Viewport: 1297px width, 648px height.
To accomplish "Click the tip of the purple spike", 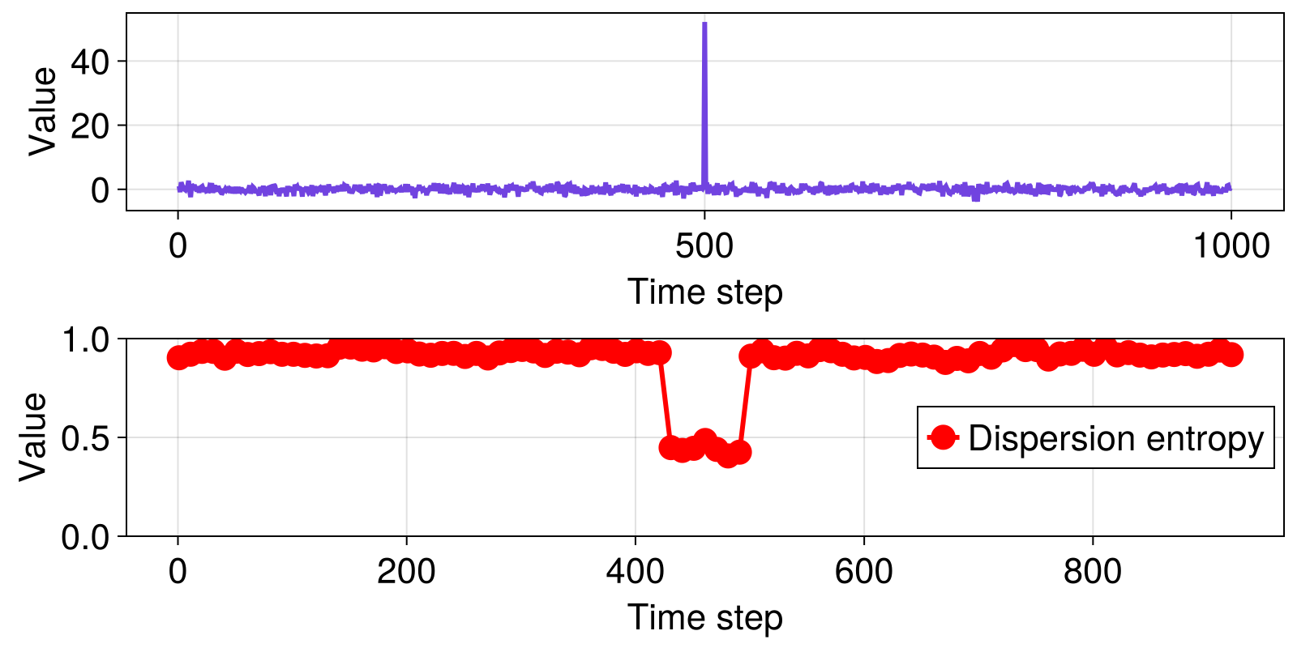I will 704,23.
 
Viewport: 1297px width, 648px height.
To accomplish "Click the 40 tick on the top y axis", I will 89,62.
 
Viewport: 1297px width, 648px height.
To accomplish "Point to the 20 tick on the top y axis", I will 89,126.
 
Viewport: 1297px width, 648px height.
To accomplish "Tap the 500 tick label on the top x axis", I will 704,245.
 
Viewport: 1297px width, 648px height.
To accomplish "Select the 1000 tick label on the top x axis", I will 1230,245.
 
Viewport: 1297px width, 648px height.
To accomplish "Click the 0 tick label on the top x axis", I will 178,245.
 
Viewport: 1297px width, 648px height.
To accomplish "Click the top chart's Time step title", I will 704,292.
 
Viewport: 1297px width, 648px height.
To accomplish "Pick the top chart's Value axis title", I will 42,111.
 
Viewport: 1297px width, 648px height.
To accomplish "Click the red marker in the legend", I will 943,437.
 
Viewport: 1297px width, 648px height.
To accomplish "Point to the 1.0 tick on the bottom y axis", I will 89,339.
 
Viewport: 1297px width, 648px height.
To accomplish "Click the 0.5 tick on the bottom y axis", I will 89,438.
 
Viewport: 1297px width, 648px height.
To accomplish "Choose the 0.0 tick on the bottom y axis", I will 89,537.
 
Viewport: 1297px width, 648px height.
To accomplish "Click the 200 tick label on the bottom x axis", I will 406,572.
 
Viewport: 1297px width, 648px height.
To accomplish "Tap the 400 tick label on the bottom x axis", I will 635,572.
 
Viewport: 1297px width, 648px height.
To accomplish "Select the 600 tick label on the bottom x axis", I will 863,572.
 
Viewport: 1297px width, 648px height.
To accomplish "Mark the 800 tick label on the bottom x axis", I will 1092,572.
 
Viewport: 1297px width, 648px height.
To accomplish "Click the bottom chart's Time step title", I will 704,617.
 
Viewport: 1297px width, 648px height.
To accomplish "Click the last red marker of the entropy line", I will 1231,355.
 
